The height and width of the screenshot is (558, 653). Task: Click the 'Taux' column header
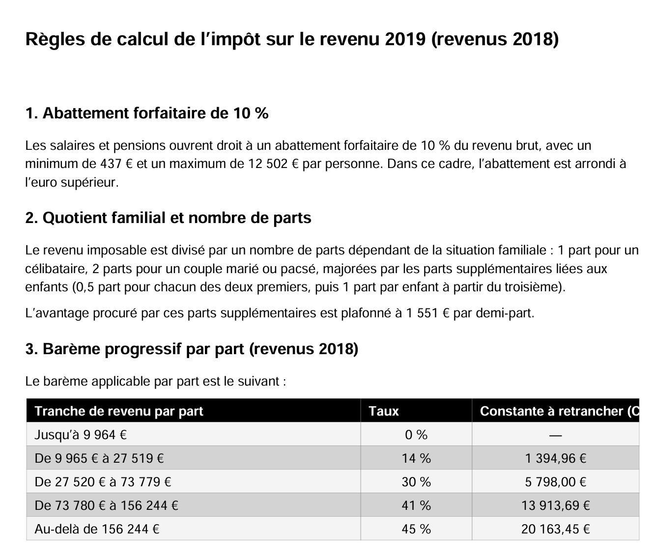point(383,411)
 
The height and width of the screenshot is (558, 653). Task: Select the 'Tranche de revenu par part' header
point(119,411)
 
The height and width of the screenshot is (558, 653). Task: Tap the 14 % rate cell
point(416,458)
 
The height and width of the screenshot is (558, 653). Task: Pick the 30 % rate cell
point(416,482)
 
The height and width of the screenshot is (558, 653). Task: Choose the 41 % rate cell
point(416,505)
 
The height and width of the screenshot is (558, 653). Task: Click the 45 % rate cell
point(416,529)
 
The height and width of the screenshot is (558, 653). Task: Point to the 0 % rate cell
point(416,435)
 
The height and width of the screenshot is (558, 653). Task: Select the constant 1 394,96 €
point(555,458)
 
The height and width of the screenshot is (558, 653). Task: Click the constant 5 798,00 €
point(555,482)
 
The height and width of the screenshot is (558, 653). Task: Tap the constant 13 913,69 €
point(555,505)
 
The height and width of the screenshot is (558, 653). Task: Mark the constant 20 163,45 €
point(555,529)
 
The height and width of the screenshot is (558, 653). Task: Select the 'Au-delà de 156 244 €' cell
point(97,529)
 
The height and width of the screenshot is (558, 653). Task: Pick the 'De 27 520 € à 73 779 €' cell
point(103,482)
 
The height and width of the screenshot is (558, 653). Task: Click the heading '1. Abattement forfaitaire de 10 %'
point(147,113)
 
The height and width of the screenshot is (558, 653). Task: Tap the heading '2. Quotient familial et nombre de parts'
point(168,218)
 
